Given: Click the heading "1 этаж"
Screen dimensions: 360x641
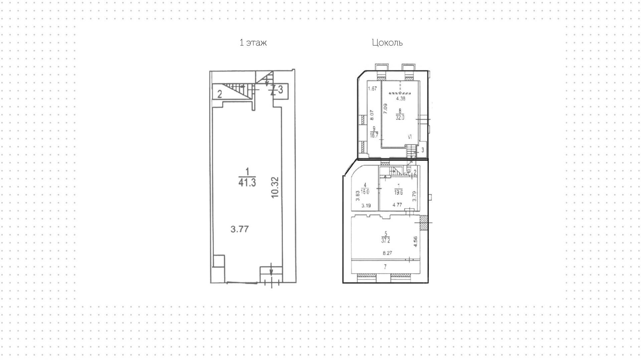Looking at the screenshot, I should [x=253, y=43].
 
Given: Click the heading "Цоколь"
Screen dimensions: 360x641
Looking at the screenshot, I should [x=387, y=43].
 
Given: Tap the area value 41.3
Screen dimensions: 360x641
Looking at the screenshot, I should [x=247, y=182].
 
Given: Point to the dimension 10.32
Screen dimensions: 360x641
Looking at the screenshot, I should [x=275, y=187].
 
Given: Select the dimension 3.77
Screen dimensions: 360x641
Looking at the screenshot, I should [x=240, y=229].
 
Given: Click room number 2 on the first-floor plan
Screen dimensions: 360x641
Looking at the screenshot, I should [x=220, y=94].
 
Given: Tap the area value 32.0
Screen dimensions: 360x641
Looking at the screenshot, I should [x=400, y=118].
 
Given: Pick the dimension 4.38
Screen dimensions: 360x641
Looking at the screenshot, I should [x=401, y=99].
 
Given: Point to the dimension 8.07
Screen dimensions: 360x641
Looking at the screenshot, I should [x=372, y=115].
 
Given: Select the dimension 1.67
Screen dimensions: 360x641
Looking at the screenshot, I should [x=372, y=88].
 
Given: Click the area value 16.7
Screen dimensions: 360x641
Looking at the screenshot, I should [x=374, y=135].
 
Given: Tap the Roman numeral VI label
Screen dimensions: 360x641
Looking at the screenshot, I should [x=410, y=137].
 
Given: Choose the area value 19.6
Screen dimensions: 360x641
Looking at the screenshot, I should [x=398, y=192].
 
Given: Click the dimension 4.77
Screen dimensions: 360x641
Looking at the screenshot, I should [x=397, y=205].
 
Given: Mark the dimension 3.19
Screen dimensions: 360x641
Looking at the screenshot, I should [x=366, y=205].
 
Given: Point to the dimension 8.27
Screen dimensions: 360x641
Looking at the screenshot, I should [x=387, y=253].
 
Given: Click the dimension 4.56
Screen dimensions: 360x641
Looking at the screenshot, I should [x=415, y=242].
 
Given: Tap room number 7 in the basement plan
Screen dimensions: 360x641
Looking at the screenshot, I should [x=385, y=266].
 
